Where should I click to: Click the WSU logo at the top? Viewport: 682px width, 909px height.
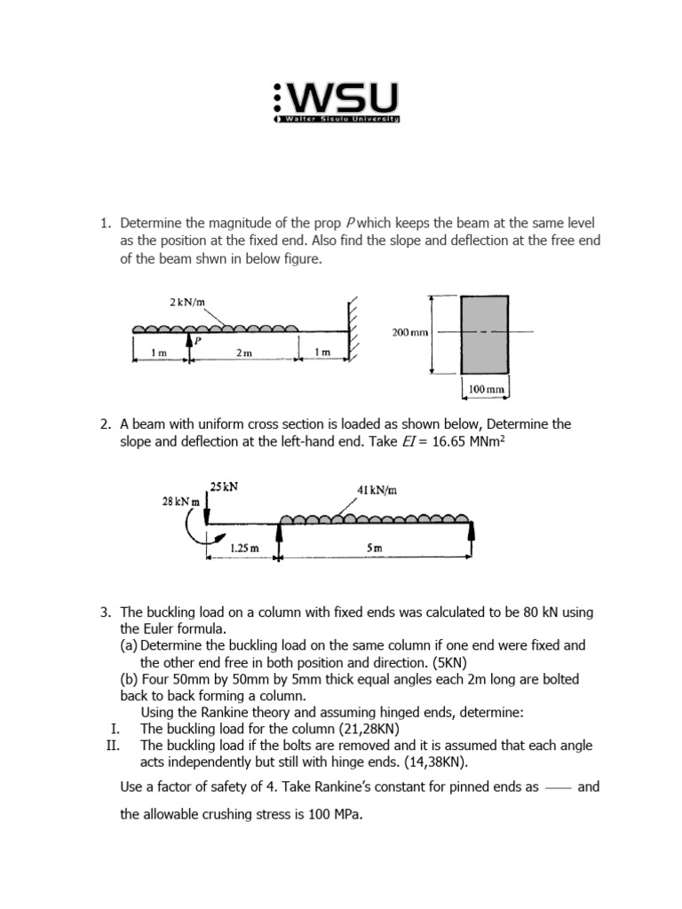(x=337, y=102)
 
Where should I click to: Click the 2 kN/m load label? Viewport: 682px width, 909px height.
(x=186, y=303)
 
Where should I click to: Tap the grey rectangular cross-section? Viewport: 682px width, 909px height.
(x=484, y=334)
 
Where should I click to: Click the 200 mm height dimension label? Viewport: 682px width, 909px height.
(x=408, y=333)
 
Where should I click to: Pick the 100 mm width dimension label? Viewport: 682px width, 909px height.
(x=486, y=389)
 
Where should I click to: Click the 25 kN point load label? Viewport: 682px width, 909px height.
(x=223, y=486)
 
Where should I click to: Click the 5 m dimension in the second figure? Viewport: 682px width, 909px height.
(x=374, y=549)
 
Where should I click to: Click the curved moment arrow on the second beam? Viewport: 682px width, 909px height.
(x=194, y=529)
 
